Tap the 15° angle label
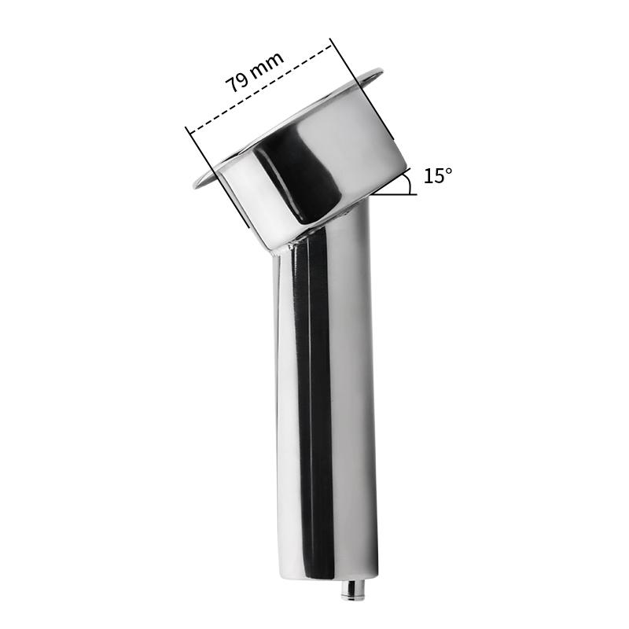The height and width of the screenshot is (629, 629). [438, 175]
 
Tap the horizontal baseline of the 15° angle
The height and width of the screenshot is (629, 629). [393, 193]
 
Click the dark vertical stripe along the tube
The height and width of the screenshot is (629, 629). [318, 393]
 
